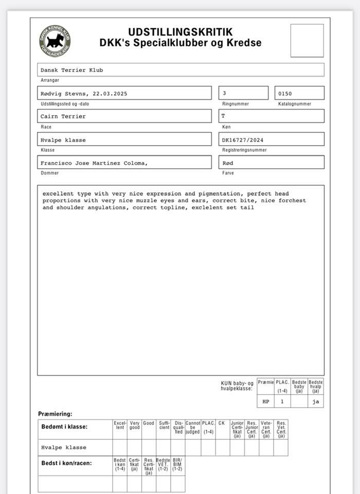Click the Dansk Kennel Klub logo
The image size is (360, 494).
55,41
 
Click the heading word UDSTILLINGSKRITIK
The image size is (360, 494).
180,32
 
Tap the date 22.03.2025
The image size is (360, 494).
110,94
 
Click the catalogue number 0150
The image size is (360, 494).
285,94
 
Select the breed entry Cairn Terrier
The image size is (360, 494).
63,116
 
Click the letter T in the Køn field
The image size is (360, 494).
223,116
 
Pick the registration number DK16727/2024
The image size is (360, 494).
245,139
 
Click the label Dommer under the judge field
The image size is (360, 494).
50,173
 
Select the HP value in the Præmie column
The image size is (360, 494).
265,401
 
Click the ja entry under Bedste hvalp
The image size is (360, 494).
315,401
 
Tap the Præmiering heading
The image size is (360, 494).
55,414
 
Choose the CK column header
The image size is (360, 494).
222,424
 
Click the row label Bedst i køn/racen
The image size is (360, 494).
66,463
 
